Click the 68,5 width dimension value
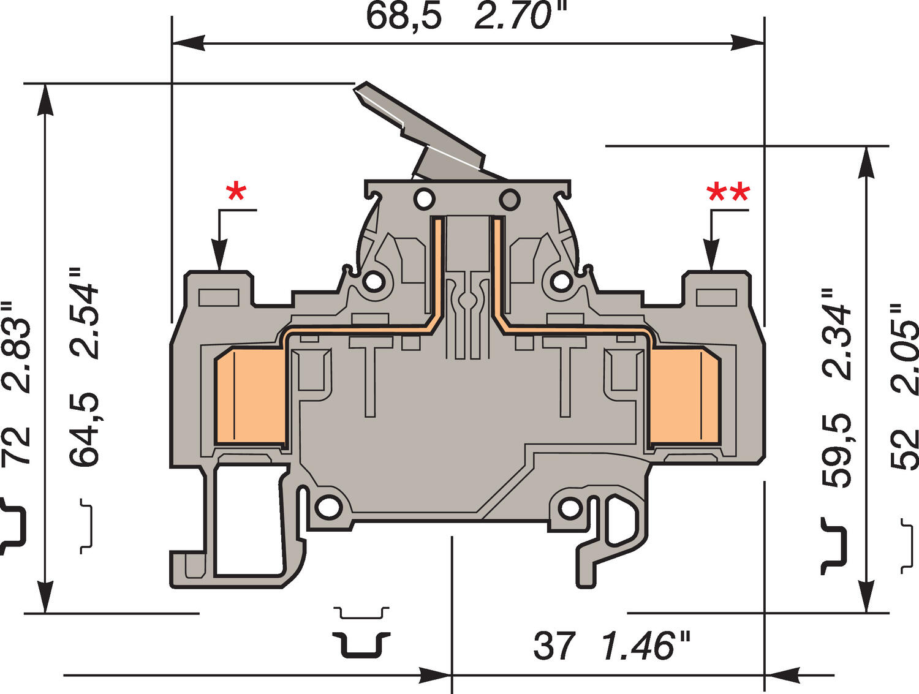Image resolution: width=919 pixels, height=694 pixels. click(403, 16)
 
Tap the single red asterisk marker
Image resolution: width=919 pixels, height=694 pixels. click(236, 193)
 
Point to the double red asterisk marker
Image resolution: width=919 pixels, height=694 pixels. click(728, 194)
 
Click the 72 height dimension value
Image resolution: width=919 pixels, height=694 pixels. click(17, 445)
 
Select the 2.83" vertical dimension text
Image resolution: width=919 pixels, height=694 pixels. click(17, 346)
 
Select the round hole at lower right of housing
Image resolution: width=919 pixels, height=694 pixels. click(570, 507)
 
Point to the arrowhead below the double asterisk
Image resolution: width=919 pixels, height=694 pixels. click(711, 257)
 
